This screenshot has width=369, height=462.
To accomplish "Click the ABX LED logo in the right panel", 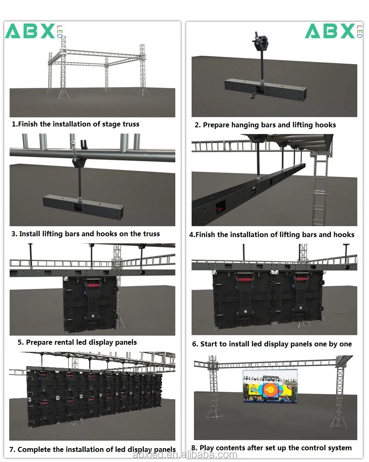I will tap(333, 31).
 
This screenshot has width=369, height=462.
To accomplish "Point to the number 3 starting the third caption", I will tap(14, 234).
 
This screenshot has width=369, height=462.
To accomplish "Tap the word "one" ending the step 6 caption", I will tap(346, 344).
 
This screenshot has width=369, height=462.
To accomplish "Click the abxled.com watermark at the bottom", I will tap(184, 455).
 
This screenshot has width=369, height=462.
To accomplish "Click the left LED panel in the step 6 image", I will tap(242, 299).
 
